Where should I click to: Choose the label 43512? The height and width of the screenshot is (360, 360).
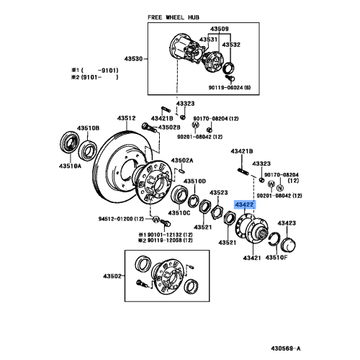pyautogui.click(x=127, y=117)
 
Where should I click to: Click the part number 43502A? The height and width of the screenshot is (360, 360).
pyautogui.click(x=181, y=160)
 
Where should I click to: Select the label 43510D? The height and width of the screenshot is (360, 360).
pyautogui.click(x=194, y=180)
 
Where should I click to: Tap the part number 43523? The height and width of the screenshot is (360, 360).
pyautogui.click(x=220, y=193)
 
